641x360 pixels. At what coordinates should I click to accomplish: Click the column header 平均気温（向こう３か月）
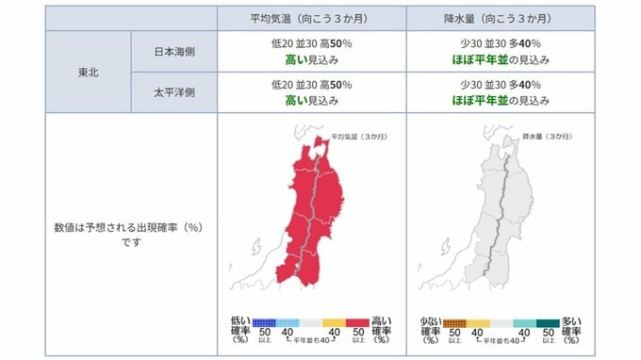pos(311,18)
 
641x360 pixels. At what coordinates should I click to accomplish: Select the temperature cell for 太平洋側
pos(311,94)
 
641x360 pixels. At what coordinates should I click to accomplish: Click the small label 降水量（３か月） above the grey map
pos(545,137)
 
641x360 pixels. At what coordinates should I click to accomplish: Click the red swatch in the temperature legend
pos(357,322)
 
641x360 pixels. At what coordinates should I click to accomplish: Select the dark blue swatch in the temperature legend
pos(265,322)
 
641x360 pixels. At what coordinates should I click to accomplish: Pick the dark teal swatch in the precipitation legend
pos(547,322)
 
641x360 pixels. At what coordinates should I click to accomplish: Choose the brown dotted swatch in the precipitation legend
pos(454,322)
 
